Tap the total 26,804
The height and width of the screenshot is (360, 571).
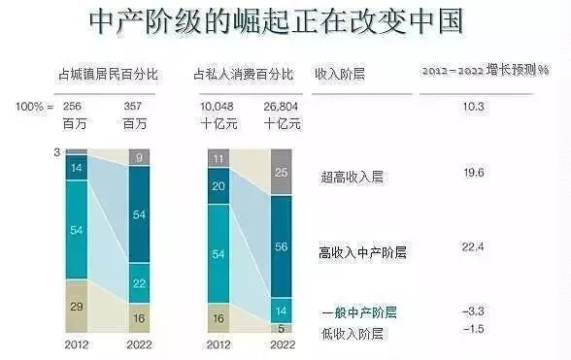click(281, 104)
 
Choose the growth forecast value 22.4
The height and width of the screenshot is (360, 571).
click(473, 247)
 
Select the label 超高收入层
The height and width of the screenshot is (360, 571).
click(352, 177)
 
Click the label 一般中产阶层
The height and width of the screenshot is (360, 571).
click(359, 312)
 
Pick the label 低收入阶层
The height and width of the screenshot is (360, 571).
click(352, 334)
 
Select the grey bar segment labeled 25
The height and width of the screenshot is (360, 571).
click(280, 173)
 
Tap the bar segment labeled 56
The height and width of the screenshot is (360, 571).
click(280, 246)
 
